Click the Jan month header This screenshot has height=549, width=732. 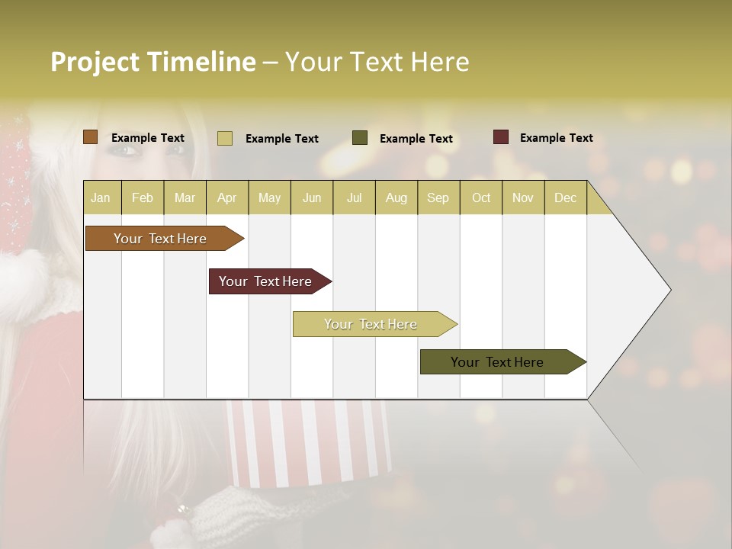(101, 197)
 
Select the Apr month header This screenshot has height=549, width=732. (227, 197)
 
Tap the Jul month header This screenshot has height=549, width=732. (354, 197)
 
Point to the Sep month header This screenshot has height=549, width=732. (438, 197)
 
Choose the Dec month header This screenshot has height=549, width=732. (565, 197)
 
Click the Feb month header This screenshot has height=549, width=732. (143, 197)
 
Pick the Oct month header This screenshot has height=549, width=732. (481, 197)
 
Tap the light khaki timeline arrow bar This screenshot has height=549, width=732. (371, 324)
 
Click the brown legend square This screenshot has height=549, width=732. (91, 137)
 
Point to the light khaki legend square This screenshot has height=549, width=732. (225, 138)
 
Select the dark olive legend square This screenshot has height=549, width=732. (360, 138)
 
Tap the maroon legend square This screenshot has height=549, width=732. (501, 137)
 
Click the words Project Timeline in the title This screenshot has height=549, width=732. (153, 62)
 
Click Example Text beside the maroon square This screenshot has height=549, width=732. (556, 138)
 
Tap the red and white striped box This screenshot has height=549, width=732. (309, 442)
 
